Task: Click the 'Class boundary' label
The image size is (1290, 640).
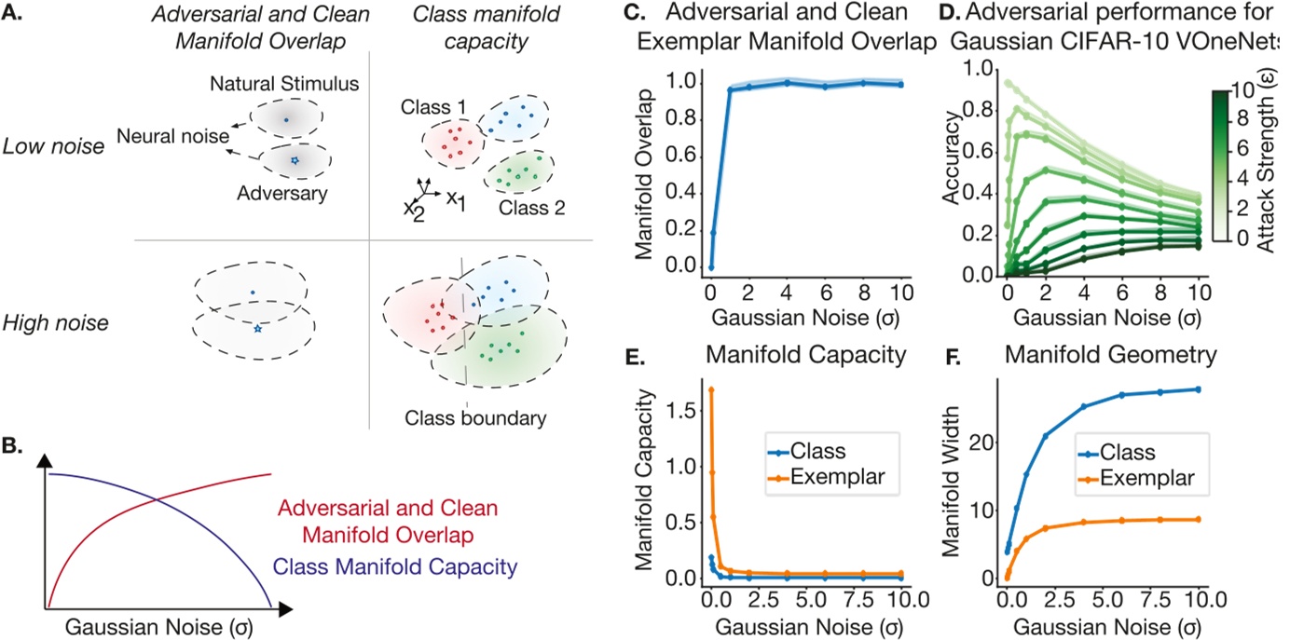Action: click(474, 418)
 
